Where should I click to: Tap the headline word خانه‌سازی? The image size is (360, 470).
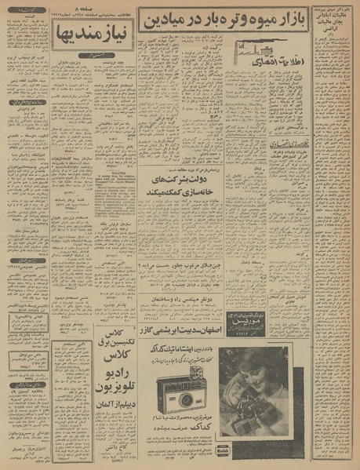[x=189, y=179]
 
